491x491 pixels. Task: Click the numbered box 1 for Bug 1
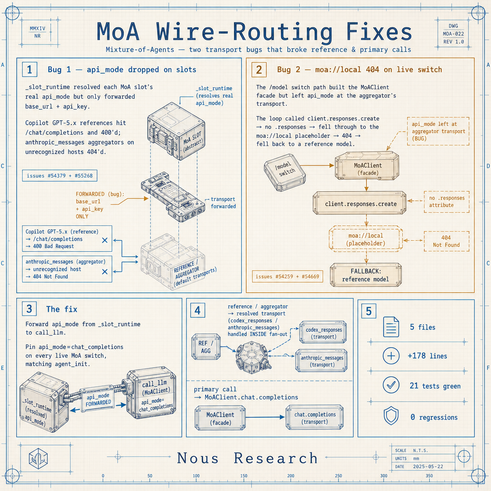click(29, 69)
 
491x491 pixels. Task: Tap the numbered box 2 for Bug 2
click(259, 70)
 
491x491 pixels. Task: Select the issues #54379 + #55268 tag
click(59, 175)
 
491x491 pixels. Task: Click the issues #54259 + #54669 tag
click(287, 277)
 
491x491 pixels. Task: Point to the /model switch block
click(285, 172)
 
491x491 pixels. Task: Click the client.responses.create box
click(360, 203)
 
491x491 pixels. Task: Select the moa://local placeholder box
click(366, 239)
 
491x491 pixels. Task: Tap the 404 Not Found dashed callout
click(446, 241)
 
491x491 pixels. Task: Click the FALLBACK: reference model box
click(366, 275)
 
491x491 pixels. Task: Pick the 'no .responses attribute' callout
click(446, 202)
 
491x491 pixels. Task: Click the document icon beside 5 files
click(391, 327)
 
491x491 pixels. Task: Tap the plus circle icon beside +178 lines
click(391, 356)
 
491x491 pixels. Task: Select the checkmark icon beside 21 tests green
click(391, 385)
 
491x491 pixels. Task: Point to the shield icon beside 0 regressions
click(391, 416)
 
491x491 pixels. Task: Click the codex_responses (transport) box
click(323, 333)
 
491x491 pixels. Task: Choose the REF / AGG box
click(206, 347)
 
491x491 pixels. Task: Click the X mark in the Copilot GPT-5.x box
click(105, 240)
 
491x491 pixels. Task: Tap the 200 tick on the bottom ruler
click(291, 476)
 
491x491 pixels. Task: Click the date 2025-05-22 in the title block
click(428, 466)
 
